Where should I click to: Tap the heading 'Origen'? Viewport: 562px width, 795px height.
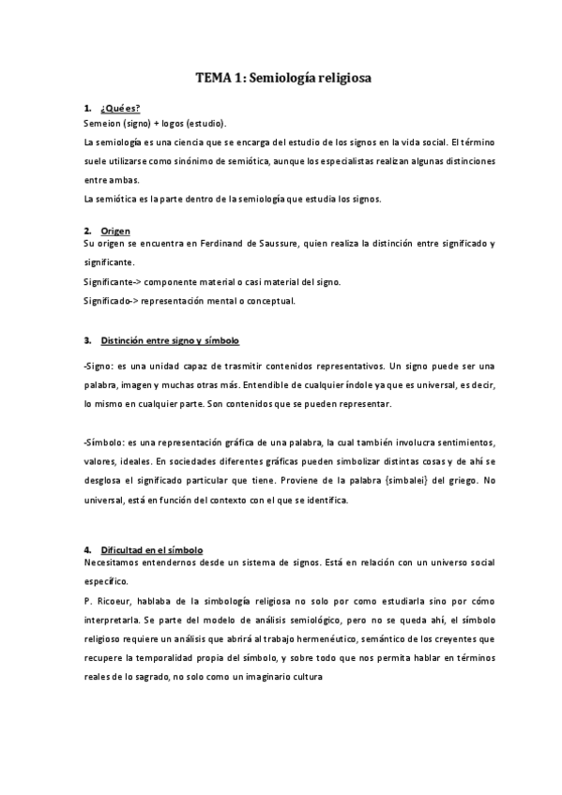point(115,231)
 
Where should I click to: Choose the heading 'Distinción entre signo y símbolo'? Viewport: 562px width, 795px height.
point(170,339)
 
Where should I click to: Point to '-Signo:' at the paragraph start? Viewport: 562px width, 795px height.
point(101,366)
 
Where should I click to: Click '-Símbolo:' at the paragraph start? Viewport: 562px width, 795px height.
point(106,442)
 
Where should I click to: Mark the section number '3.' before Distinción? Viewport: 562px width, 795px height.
point(87,339)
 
